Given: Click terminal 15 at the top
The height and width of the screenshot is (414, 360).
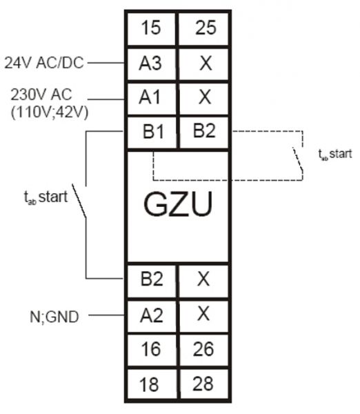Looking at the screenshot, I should pos(150,29).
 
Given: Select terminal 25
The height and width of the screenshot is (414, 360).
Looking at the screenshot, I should pos(204,29).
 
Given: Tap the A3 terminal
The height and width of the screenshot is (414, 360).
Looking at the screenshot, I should pos(150,63).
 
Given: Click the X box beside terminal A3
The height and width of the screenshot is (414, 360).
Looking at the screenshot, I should pos(204,63).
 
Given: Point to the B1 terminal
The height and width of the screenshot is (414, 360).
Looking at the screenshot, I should pos(150,130).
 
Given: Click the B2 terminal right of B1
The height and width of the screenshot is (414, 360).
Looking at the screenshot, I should pos(204,130).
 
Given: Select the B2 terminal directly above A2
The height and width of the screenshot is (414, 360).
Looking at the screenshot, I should pos(150,279).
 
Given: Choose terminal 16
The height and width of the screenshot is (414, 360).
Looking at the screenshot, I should pos(150,350).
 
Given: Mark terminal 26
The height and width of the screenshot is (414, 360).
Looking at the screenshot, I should pos(204,350).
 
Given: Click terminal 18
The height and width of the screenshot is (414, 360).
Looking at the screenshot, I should pos(150,384).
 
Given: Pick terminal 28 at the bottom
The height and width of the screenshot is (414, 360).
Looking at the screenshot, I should pos(204,384).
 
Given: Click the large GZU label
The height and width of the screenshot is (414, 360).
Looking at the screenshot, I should pos(177,205).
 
